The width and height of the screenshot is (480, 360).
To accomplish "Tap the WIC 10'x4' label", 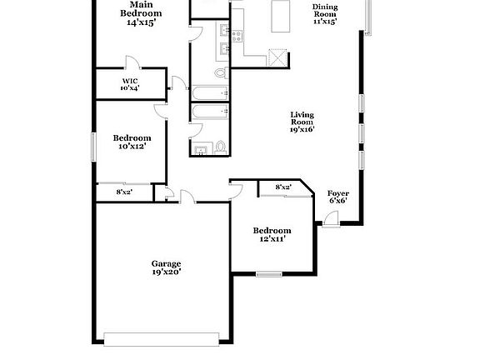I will pyautogui.click(x=129, y=84).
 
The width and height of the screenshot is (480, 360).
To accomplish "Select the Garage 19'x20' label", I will pyautogui.click(x=167, y=267).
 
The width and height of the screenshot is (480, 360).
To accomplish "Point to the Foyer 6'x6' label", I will pyautogui.click(x=337, y=196).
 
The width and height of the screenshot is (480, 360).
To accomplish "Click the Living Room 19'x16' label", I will pyautogui.click(x=302, y=122).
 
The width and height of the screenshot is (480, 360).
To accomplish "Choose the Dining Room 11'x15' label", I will pyautogui.click(x=324, y=14).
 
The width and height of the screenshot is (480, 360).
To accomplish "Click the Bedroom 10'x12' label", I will pyautogui.click(x=132, y=142).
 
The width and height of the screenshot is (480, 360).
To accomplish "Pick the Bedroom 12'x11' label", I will pyautogui.click(x=272, y=234).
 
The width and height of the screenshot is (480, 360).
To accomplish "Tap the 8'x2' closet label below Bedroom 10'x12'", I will pyautogui.click(x=124, y=192).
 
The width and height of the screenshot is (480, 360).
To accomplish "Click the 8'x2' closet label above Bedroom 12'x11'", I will pyautogui.click(x=283, y=187).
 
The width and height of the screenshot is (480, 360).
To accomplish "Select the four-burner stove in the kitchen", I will pyautogui.click(x=235, y=36).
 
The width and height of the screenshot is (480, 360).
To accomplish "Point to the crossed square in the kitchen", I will pyautogui.click(x=277, y=57).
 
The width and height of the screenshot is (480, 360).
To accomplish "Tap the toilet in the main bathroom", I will pyautogui.click(x=220, y=73).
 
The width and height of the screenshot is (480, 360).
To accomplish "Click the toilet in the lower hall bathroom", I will pyautogui.click(x=220, y=147).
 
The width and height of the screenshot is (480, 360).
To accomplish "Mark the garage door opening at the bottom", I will pyautogui.click(x=163, y=338).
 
